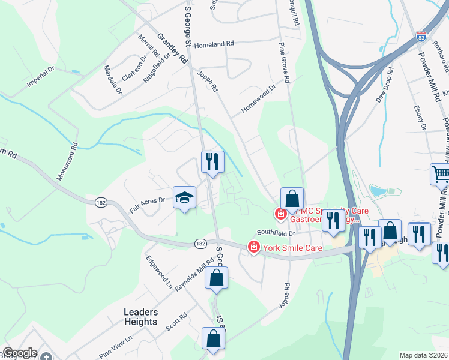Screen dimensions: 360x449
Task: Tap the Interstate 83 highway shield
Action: point(421,37)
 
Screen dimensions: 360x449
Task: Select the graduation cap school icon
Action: point(185,197)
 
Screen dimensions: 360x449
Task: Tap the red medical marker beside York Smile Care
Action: point(254,247)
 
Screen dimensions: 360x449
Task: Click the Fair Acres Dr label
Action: point(147,206)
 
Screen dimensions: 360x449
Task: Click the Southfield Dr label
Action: point(277,233)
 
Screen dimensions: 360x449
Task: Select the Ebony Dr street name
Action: point(420,118)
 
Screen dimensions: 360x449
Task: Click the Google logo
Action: point(20,353)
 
